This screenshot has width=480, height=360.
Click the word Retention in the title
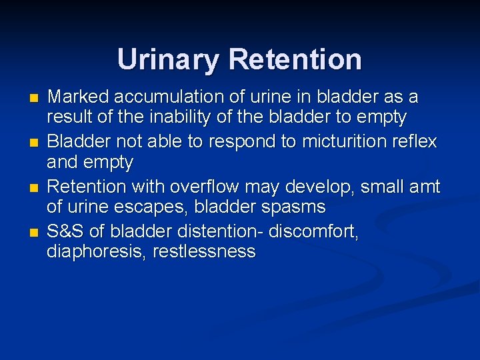coord(295,59)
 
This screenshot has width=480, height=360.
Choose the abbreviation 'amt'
coord(424,187)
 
